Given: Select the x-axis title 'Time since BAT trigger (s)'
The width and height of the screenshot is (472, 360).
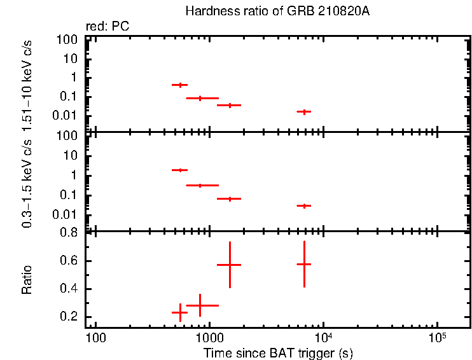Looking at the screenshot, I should click(278, 352).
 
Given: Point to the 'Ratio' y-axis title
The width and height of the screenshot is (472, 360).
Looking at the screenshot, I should click(27, 280).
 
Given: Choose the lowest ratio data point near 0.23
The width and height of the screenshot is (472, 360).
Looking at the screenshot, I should click(180, 312).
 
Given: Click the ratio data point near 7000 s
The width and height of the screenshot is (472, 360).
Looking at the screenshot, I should click(304, 264).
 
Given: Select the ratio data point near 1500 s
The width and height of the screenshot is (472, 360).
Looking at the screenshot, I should click(229, 265).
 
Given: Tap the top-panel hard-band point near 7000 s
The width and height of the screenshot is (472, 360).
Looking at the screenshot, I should click(304, 111).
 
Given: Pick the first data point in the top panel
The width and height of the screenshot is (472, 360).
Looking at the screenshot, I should click(180, 85).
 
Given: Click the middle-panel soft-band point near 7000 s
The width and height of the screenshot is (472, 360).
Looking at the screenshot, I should click(304, 205).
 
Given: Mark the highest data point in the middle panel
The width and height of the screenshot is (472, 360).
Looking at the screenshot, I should click(180, 170).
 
